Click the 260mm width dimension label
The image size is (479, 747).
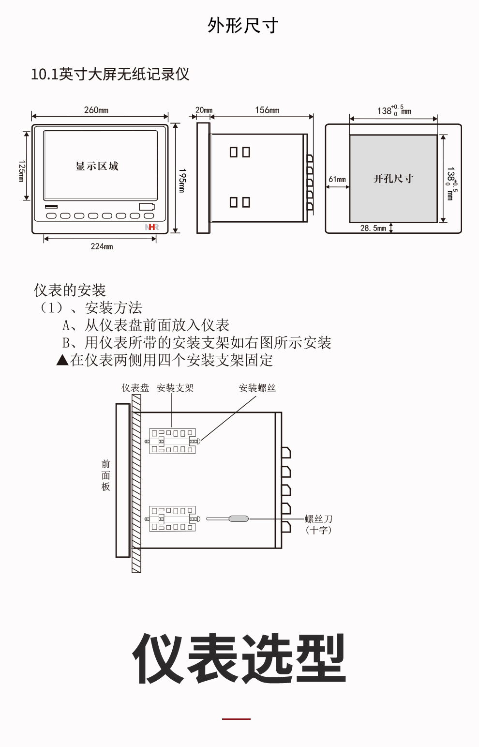click(x=96, y=110)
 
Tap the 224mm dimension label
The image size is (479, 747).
click(x=102, y=246)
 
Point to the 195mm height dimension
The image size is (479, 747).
click(x=182, y=181)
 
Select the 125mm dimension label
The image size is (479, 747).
click(x=22, y=171)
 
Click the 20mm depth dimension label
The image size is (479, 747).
click(x=204, y=110)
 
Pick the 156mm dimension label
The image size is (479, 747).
click(x=268, y=110)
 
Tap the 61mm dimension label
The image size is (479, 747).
click(x=337, y=180)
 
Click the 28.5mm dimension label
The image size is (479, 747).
click(x=373, y=228)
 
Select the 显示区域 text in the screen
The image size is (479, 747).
click(x=97, y=166)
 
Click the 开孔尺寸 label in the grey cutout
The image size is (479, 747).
click(x=393, y=179)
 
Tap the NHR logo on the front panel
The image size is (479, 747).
click(x=152, y=227)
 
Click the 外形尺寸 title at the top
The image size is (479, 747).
click(x=243, y=26)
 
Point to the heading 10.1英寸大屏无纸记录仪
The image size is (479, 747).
click(x=110, y=74)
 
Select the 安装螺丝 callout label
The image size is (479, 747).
click(x=257, y=388)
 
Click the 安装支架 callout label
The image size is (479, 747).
click(x=175, y=388)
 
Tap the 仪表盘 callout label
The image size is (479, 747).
click(x=135, y=388)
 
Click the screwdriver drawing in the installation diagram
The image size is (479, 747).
click(x=227, y=518)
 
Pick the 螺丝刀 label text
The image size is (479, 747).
click(x=319, y=519)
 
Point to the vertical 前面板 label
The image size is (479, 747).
click(x=105, y=475)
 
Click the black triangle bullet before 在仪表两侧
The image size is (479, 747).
click(x=62, y=360)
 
